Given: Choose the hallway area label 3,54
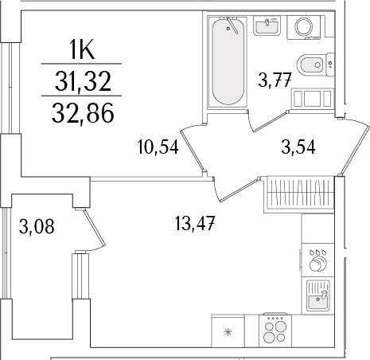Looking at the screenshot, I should click(x=298, y=147).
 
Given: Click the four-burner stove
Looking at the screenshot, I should click(x=275, y=331).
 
